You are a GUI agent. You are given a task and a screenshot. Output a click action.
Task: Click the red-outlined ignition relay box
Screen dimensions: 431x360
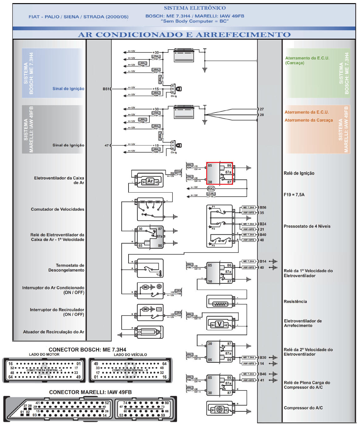219,173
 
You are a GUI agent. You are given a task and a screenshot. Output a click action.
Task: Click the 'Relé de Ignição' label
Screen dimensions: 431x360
299,173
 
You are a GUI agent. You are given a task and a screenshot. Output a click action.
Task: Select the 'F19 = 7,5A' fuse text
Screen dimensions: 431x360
294,194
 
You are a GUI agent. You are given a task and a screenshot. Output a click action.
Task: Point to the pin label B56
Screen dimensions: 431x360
263,208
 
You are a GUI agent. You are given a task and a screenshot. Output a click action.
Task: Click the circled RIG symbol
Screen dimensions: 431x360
211,189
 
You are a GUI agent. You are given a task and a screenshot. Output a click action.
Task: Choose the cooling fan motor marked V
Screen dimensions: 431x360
220,324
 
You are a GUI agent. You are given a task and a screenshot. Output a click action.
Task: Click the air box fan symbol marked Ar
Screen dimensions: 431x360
150,181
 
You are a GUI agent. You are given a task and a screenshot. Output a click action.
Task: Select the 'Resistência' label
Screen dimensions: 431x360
295,301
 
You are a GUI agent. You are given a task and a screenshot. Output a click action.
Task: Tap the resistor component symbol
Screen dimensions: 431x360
220,304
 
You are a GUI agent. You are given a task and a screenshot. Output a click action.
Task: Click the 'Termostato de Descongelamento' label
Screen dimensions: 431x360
66,268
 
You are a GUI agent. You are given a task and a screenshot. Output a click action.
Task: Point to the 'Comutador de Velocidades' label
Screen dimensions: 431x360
57,209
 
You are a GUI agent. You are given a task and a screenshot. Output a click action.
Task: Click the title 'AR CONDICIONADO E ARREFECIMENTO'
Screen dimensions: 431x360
184,35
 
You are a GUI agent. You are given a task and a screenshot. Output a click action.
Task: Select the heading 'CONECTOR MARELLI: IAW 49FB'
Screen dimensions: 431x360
90,392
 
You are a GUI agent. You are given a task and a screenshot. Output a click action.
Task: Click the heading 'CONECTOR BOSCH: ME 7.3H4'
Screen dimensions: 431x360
87,350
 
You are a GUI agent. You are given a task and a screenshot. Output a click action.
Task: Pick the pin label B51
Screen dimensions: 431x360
106,89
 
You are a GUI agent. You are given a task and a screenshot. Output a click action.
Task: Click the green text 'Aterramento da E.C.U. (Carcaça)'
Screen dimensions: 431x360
307,60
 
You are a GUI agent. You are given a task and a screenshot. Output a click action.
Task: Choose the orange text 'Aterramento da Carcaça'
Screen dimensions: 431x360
308,120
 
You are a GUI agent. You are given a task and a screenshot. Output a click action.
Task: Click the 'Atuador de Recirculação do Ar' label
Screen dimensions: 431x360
53,332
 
